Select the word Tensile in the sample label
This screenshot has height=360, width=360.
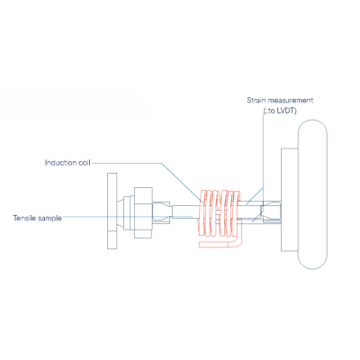coord(23,218)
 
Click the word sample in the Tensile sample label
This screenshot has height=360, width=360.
coord(49,218)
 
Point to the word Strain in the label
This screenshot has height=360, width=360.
coord(256,100)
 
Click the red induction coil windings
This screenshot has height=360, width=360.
coord(219,212)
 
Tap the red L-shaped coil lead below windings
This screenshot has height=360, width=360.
coord(221,244)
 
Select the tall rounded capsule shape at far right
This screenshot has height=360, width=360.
coord(312,194)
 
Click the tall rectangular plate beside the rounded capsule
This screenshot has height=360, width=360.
coord(290,200)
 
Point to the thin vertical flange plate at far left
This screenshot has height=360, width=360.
coord(112,211)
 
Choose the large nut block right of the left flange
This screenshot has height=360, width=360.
coord(143,212)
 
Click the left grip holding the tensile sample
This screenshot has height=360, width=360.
coord(162,212)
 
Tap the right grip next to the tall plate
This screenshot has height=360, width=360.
coord(272,212)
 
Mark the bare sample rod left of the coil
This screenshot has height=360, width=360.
coord(184,212)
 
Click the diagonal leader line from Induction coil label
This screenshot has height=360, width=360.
coord(183,184)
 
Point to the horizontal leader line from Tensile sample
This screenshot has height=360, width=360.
coord(127,216)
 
